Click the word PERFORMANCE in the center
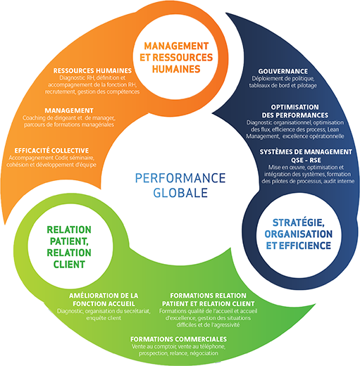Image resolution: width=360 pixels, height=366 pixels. pyautogui.click(x=180, y=178)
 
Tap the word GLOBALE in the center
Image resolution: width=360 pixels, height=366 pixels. pyautogui.click(x=180, y=193)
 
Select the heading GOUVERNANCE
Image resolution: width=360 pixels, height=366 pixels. pyautogui.click(x=283, y=71)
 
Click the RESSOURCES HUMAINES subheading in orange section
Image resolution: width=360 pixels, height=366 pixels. pyautogui.click(x=92, y=70)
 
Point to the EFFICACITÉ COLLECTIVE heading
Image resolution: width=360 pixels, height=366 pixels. pyautogui.click(x=51, y=151)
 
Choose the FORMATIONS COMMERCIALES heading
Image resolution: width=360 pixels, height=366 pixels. pyautogui.click(x=178, y=339)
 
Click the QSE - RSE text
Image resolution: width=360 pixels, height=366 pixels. pyautogui.click(x=306, y=160)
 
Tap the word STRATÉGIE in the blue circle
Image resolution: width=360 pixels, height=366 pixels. pyautogui.click(x=299, y=222)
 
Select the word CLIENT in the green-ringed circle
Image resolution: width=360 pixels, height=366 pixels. pyautogui.click(x=69, y=265)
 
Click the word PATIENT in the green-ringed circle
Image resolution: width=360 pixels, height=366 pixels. pyautogui.click(x=69, y=241)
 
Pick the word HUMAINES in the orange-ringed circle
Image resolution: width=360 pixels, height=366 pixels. pyautogui.click(x=176, y=69)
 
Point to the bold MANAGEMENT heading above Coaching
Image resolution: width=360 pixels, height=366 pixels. pyautogui.click(x=69, y=111)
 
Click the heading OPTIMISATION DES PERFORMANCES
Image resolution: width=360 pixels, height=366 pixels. pyautogui.click(x=295, y=111)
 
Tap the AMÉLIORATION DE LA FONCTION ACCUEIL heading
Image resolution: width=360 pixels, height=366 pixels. pyautogui.click(x=104, y=300)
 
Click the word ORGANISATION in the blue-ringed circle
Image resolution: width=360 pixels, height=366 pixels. pyautogui.click(x=299, y=234)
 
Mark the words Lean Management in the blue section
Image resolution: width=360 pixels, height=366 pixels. pyautogui.click(x=292, y=133)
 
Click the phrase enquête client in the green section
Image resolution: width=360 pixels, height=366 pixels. pyautogui.click(x=104, y=318)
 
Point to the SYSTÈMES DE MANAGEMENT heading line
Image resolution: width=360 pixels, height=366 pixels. pyautogui.click(x=306, y=152)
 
